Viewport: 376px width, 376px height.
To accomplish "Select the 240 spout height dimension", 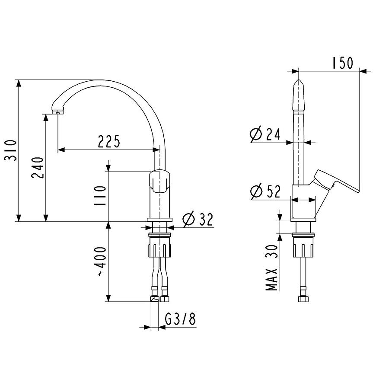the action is click(x=38, y=168).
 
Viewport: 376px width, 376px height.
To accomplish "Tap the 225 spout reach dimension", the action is click(x=108, y=141).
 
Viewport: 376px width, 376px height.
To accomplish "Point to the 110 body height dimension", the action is click(x=100, y=196).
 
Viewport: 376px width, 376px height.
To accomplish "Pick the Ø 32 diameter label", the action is click(x=198, y=219).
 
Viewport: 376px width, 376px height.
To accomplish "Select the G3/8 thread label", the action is click(x=181, y=319).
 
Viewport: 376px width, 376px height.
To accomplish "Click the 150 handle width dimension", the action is click(x=343, y=63).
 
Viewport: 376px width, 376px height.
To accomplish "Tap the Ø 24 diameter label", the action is click(x=265, y=134).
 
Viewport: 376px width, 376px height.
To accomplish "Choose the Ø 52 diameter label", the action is click(x=265, y=191).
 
